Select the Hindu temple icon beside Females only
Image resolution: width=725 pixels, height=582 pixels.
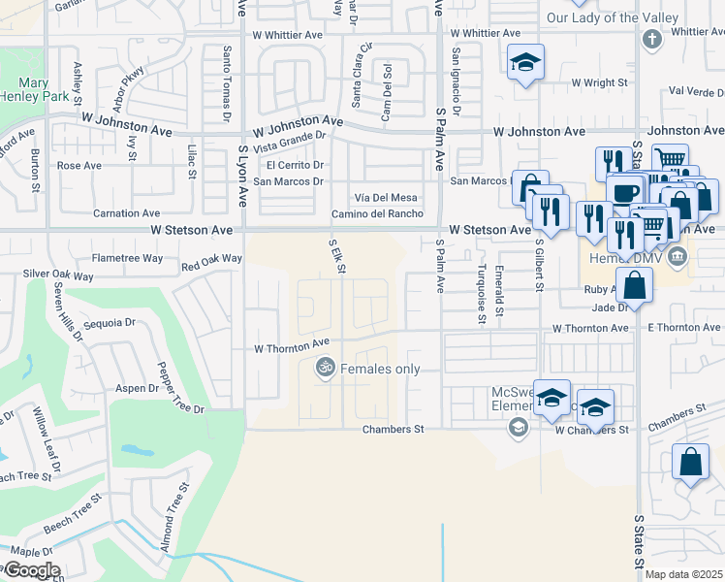[326, 368]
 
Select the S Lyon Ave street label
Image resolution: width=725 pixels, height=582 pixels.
[241, 176]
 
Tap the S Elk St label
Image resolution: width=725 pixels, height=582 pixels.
[336, 256]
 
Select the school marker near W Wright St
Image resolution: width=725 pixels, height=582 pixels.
[525, 65]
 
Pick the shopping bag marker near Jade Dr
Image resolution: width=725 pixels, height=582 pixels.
[635, 285]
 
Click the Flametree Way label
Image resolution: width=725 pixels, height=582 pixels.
[127, 259]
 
